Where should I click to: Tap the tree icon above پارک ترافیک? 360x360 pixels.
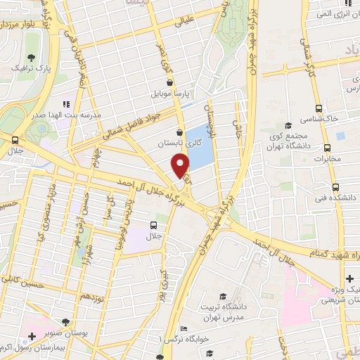tap(30, 57)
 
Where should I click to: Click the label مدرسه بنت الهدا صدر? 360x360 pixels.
tap(93, 113)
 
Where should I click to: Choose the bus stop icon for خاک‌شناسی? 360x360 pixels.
tap(320, 109)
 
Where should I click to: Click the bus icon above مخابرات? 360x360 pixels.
tap(327, 148)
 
